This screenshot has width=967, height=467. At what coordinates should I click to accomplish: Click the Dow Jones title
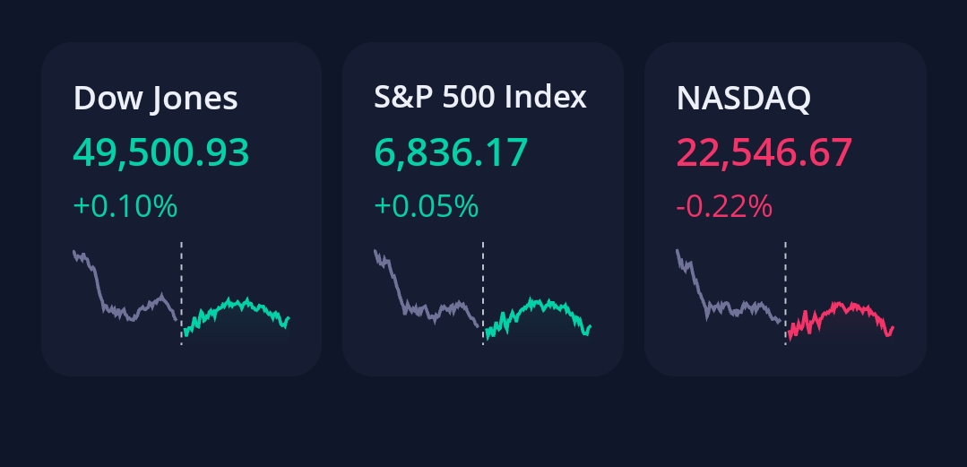tap(155, 98)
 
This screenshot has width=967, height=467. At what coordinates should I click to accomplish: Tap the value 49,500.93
tap(161, 153)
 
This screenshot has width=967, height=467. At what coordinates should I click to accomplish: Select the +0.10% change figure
tap(125, 206)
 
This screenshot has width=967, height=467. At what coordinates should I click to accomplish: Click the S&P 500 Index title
tap(480, 97)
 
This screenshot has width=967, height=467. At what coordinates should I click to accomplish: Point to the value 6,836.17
tap(451, 153)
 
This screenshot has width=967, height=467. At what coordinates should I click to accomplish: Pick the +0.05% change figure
tap(426, 206)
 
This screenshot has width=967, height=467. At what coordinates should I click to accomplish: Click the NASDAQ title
tap(744, 98)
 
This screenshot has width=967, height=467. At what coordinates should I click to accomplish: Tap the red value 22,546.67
tap(764, 153)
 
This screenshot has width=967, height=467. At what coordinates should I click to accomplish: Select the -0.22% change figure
tap(723, 206)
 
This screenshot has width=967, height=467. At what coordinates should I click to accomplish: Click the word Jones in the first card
tap(194, 98)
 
